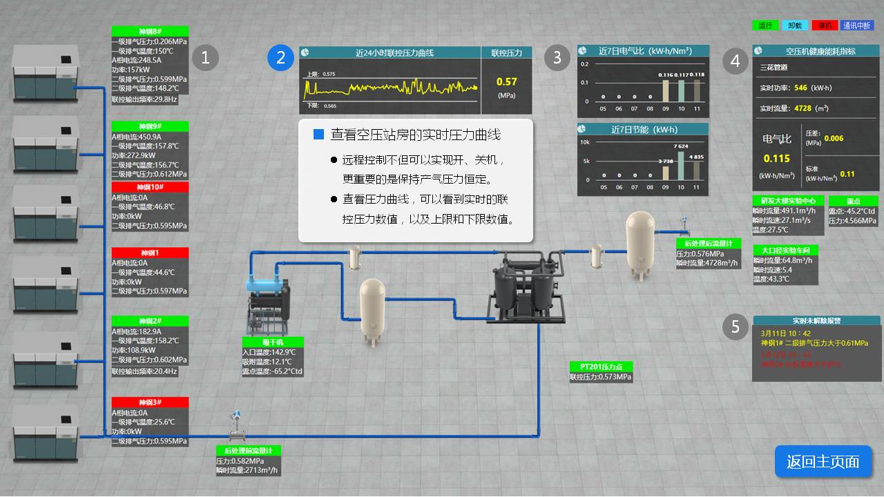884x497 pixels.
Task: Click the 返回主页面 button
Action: click(823, 461)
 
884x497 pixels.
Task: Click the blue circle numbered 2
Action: click(280, 58)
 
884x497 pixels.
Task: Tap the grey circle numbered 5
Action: click(736, 327)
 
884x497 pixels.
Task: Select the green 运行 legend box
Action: click(765, 26)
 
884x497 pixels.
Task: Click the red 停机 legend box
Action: click(825, 26)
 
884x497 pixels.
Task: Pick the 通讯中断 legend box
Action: click(857, 26)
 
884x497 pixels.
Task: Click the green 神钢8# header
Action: click(150, 31)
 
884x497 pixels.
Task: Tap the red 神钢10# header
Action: click(150, 187)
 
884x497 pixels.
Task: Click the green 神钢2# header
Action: click(150, 321)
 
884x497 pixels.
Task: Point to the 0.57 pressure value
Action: click(507, 82)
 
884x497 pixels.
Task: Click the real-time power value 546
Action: click(800, 88)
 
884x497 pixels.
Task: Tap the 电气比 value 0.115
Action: click(776, 159)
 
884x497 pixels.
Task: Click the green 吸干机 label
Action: click(273, 342)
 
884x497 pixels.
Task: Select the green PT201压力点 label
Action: click(596, 367)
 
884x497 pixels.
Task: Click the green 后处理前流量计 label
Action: click(249, 451)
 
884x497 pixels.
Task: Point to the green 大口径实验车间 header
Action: click(785, 250)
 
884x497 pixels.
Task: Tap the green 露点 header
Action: click(853, 201)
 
